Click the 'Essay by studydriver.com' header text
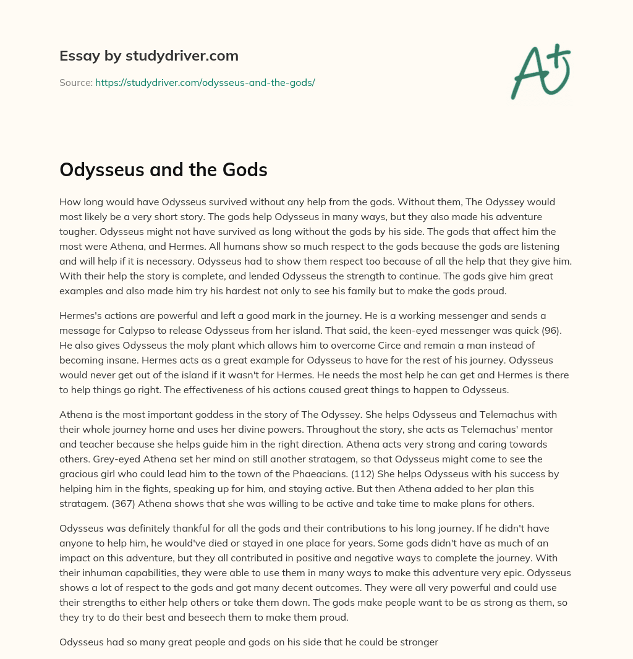coord(148,56)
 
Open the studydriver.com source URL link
coord(205,82)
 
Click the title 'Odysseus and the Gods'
coord(163,170)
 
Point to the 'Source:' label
coord(75,82)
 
